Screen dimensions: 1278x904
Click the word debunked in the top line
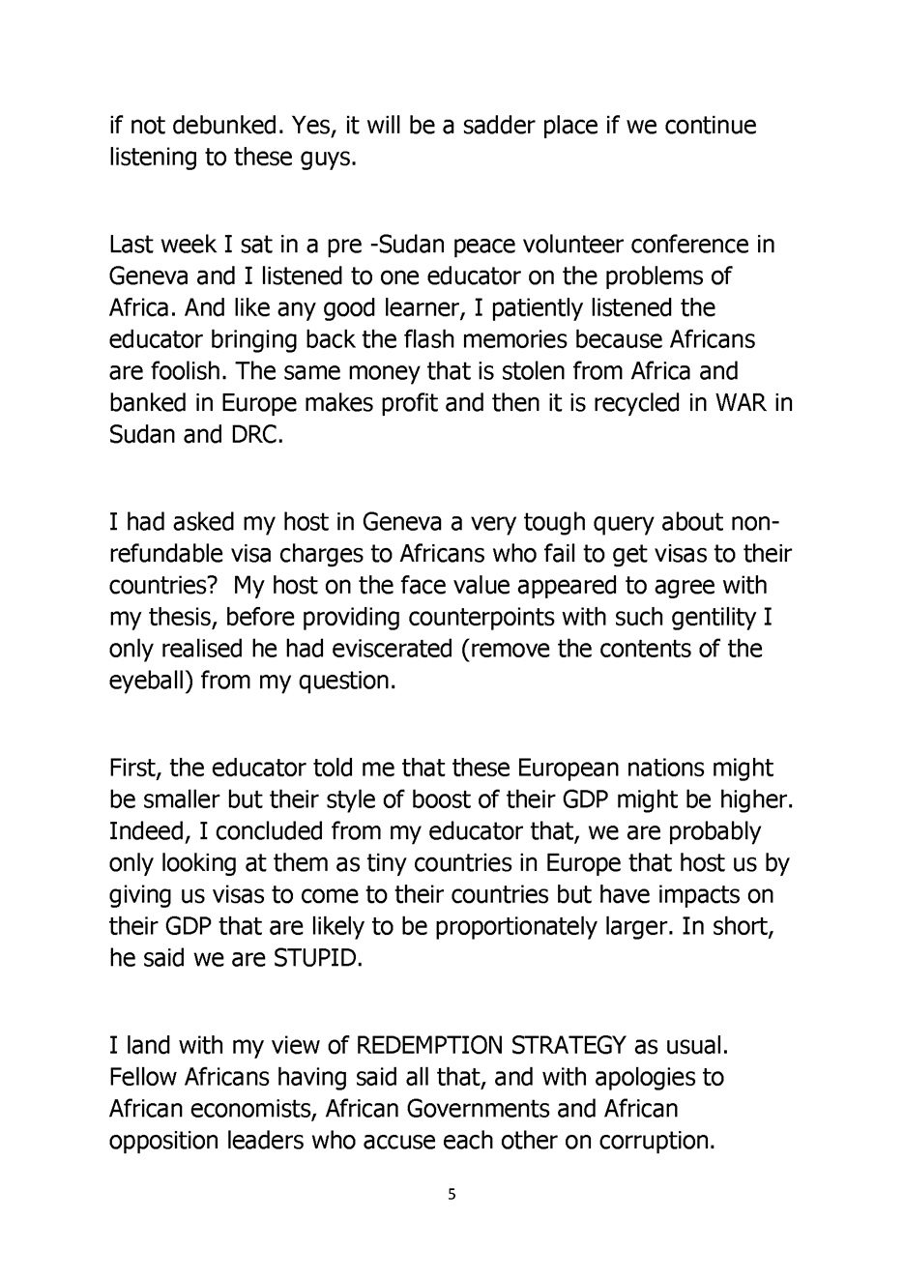[220, 125]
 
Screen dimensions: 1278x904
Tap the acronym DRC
[255, 435]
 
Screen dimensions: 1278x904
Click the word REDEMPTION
[430, 1045]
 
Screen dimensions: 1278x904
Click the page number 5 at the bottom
[452, 1195]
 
